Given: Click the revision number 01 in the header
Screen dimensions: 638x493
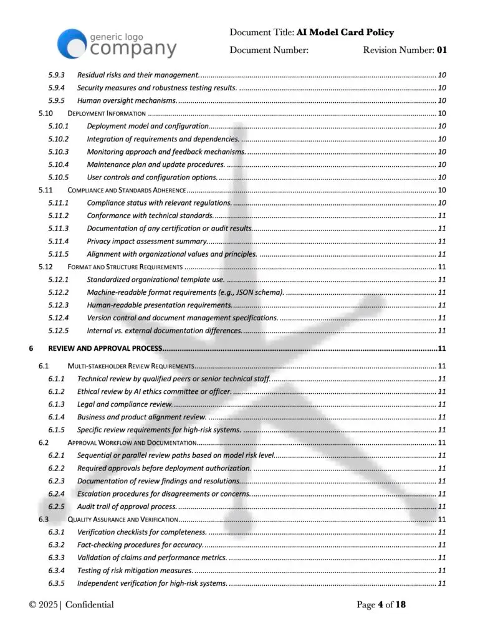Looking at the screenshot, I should [x=441, y=50].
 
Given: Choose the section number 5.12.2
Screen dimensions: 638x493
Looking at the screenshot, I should [x=59, y=292].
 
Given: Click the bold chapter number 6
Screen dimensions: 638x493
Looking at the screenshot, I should [x=31, y=348].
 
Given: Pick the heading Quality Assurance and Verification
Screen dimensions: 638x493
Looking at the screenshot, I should [x=123, y=519].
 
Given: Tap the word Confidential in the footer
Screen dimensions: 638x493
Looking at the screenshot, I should [x=89, y=604].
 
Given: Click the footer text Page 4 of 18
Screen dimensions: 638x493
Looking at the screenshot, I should [x=381, y=604].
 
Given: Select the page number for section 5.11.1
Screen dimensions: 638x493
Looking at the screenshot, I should [x=441, y=202].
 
